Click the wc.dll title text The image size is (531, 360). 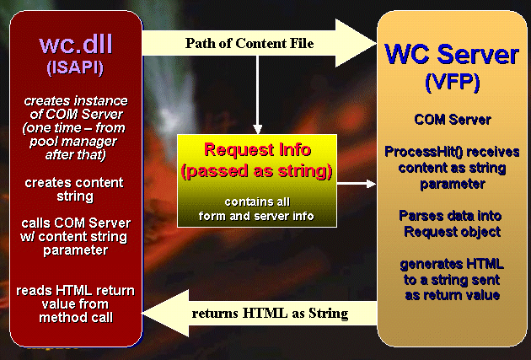click(x=76, y=44)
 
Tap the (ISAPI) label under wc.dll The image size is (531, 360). click(x=75, y=67)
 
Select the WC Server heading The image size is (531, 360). click(x=452, y=54)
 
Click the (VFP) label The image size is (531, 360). click(x=453, y=83)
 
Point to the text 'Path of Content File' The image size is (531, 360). click(x=249, y=43)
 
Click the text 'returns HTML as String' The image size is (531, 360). click(x=270, y=314)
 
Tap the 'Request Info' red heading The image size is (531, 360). click(x=257, y=149)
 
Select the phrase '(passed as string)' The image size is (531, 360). click(x=257, y=171)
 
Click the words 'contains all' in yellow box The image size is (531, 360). click(x=257, y=201)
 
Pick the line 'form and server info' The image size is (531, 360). click(x=256, y=216)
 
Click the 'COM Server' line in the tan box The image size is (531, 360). click(x=453, y=120)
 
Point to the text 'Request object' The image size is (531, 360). click(x=452, y=233)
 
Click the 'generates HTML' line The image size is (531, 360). click(x=452, y=264)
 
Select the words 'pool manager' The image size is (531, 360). click(x=73, y=142)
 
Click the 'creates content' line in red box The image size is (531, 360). click(x=74, y=183)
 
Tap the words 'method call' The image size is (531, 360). click(x=76, y=318)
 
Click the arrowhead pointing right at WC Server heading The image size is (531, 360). click(x=356, y=43)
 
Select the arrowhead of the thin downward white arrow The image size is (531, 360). click(x=258, y=129)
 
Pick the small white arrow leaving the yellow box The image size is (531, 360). click(x=357, y=184)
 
